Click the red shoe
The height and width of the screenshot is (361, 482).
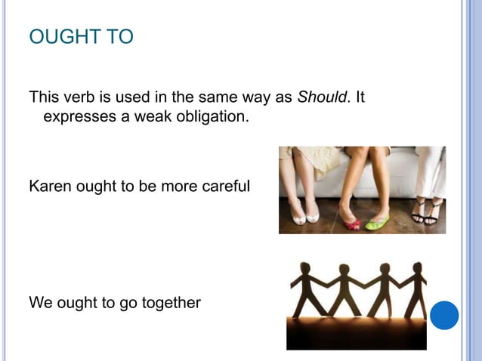351,223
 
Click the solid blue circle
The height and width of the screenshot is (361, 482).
445,315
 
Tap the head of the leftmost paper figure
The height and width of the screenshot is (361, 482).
306,269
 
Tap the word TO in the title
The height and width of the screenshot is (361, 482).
116,36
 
